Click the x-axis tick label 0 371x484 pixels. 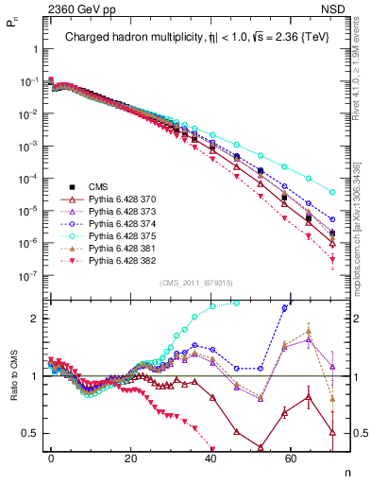point(51,457)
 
